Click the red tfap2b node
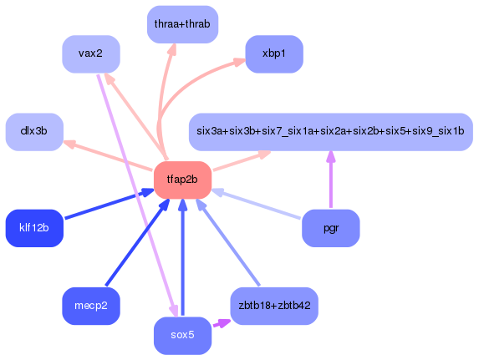click(182, 180)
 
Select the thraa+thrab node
click(181, 24)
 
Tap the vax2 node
click(90, 54)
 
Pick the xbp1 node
click(273, 54)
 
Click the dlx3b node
click(34, 132)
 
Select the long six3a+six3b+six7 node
click(330, 132)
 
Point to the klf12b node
click(34, 228)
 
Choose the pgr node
click(330, 228)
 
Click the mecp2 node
click(90, 306)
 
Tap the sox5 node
click(182, 335)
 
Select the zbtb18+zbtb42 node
click(273, 306)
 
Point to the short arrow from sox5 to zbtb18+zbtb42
click(220, 323)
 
